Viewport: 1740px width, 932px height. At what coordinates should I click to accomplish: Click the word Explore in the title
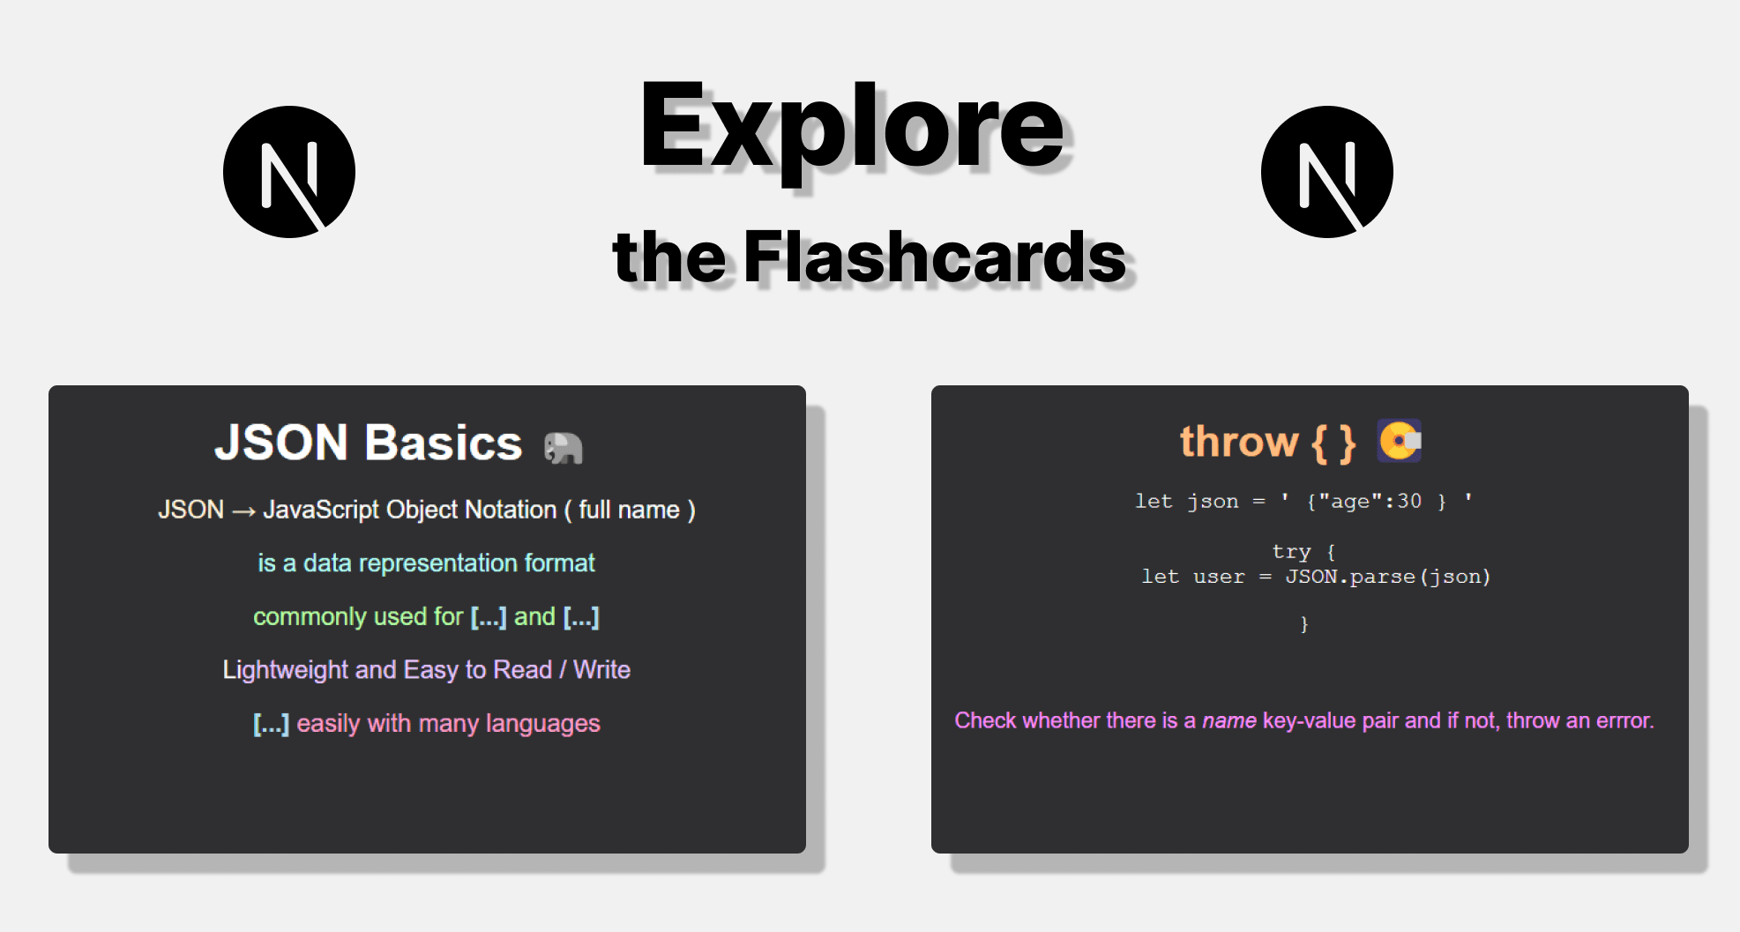(x=852, y=129)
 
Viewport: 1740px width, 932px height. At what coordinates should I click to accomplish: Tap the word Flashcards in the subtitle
(x=935, y=257)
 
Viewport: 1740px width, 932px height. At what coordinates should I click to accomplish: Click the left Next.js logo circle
(x=289, y=172)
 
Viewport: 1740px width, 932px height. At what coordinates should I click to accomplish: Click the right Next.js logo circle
(x=1327, y=172)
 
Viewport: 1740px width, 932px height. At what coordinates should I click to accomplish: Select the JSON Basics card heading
(x=369, y=442)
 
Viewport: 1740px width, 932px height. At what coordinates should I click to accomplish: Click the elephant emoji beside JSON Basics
(x=564, y=447)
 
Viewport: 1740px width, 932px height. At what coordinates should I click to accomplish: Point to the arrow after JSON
(x=243, y=511)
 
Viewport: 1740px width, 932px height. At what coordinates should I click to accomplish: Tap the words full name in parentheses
(x=629, y=510)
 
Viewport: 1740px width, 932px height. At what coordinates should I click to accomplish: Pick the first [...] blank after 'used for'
(x=489, y=616)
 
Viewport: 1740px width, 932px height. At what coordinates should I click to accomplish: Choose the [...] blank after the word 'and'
(x=581, y=616)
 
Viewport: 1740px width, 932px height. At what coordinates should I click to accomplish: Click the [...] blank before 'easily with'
(x=271, y=723)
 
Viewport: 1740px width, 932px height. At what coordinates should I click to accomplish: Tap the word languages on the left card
(x=542, y=724)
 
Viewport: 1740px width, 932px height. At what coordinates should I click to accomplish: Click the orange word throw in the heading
(x=1239, y=441)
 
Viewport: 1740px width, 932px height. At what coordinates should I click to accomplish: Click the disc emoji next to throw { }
(x=1400, y=441)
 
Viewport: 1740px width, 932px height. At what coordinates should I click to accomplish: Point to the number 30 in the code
(x=1409, y=501)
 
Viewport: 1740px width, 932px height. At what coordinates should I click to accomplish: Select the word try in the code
(x=1291, y=552)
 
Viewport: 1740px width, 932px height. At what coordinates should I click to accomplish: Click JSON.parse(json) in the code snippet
(x=1388, y=577)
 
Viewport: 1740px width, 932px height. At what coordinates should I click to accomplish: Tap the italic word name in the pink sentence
(x=1229, y=720)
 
